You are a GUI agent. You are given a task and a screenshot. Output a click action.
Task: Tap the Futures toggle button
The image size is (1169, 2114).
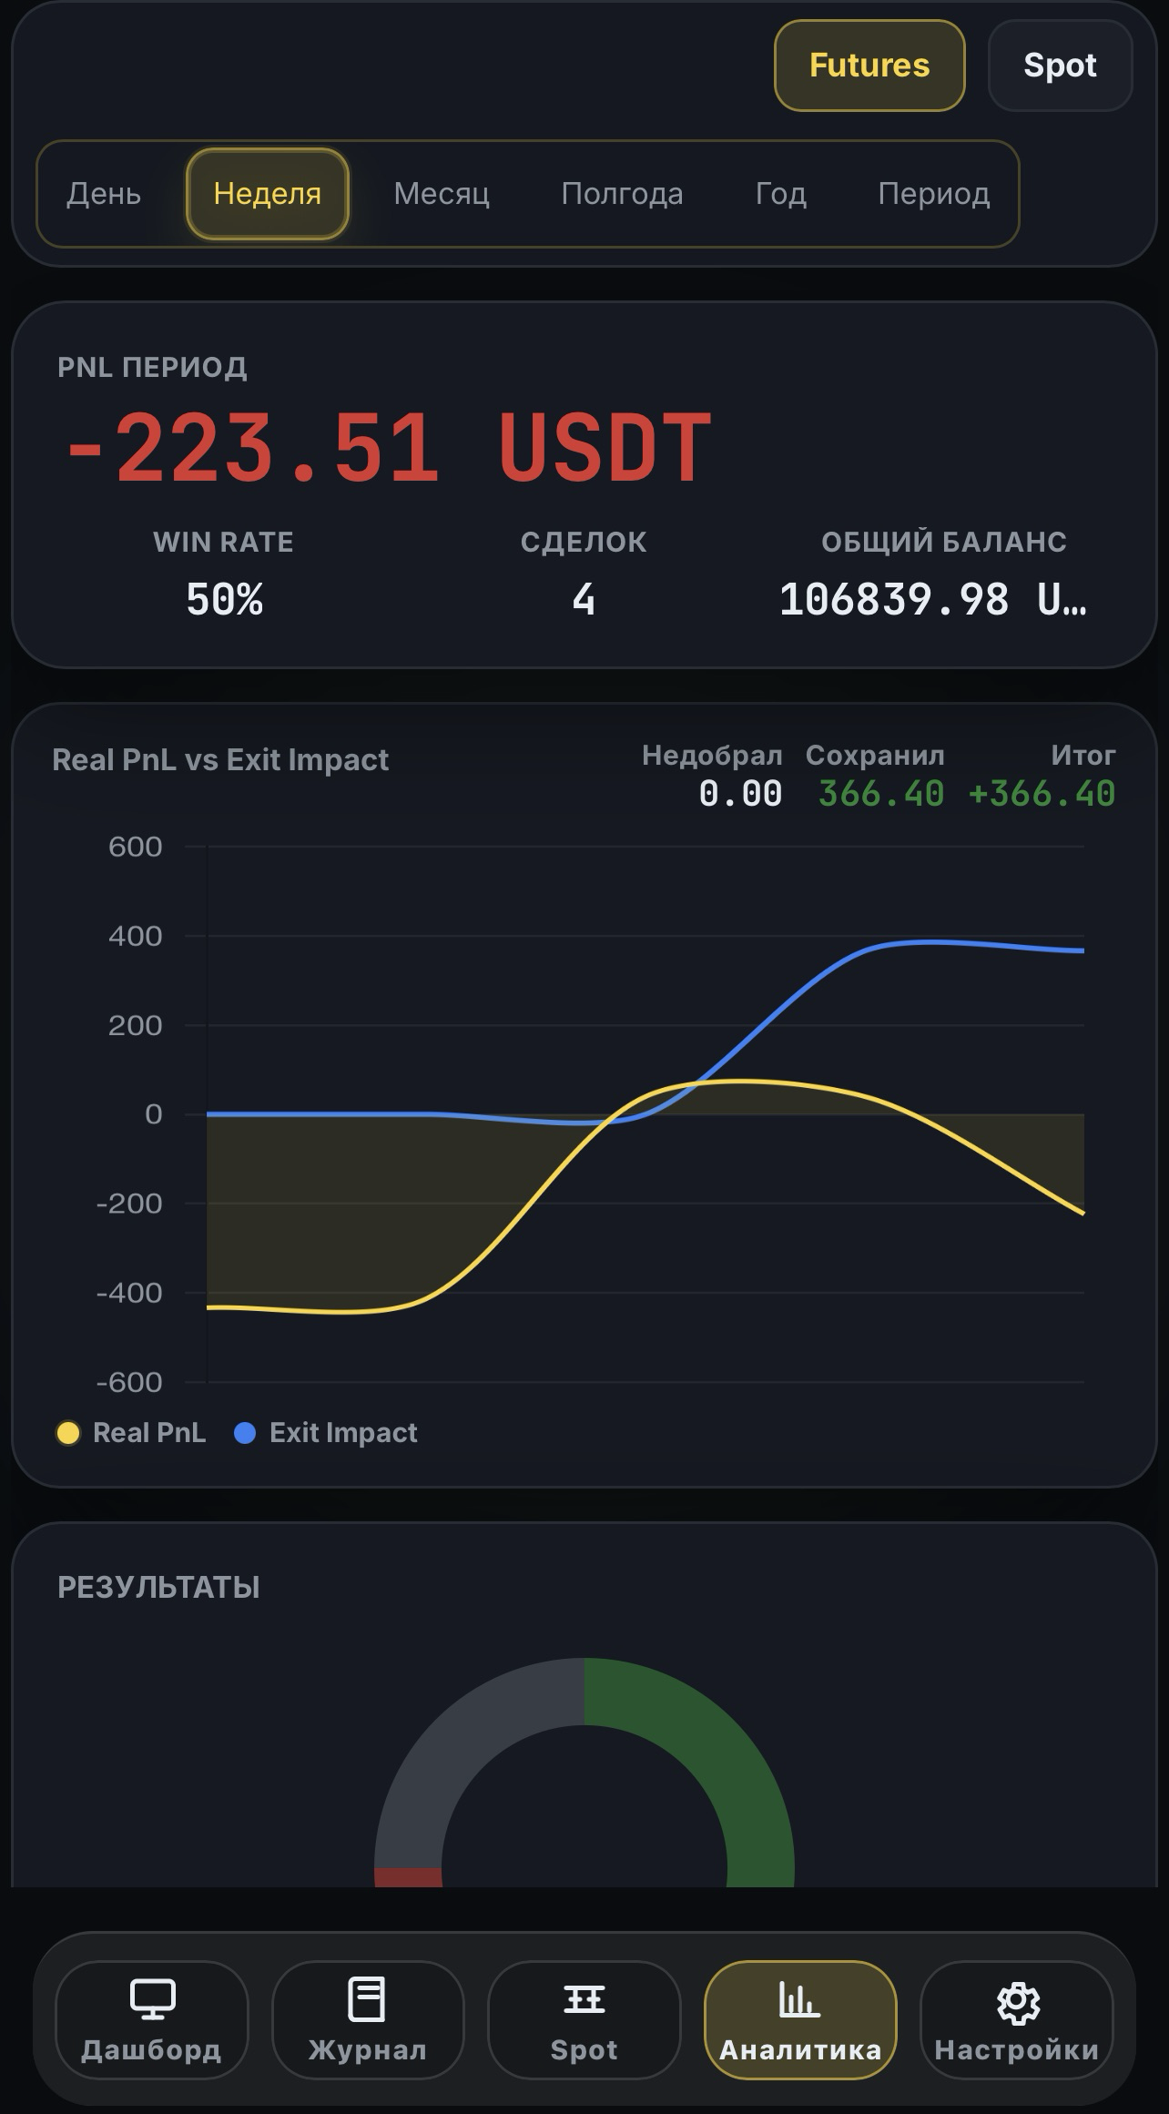click(869, 66)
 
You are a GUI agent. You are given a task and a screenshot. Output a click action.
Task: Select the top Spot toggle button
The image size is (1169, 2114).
click(1060, 66)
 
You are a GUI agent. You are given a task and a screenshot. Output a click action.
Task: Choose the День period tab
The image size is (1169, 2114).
click(104, 194)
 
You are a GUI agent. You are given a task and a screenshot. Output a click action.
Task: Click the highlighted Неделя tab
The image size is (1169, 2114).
click(268, 194)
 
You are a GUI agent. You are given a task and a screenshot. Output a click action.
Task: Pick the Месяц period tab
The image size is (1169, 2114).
click(442, 194)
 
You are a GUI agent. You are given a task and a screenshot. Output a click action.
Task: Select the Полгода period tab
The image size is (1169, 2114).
click(622, 194)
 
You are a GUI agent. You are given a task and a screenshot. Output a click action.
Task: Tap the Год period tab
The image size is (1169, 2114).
click(780, 194)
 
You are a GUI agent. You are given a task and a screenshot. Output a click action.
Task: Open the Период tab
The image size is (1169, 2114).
click(933, 194)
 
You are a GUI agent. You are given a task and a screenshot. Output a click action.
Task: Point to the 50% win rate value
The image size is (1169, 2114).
click(224, 600)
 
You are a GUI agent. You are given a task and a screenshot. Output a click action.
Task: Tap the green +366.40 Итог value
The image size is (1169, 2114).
click(1042, 794)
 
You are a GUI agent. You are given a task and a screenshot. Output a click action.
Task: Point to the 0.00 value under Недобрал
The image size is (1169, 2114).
click(740, 794)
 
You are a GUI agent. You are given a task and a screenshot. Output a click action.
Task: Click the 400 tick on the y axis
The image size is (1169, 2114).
click(135, 936)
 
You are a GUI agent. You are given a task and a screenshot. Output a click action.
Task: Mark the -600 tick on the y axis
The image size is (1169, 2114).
click(129, 1382)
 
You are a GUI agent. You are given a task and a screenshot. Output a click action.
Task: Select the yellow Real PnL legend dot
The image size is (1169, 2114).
click(68, 1433)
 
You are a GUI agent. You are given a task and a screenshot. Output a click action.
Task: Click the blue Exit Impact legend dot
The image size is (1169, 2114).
click(245, 1433)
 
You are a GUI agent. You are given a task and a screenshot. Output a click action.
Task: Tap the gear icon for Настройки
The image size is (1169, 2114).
click(1017, 2002)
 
